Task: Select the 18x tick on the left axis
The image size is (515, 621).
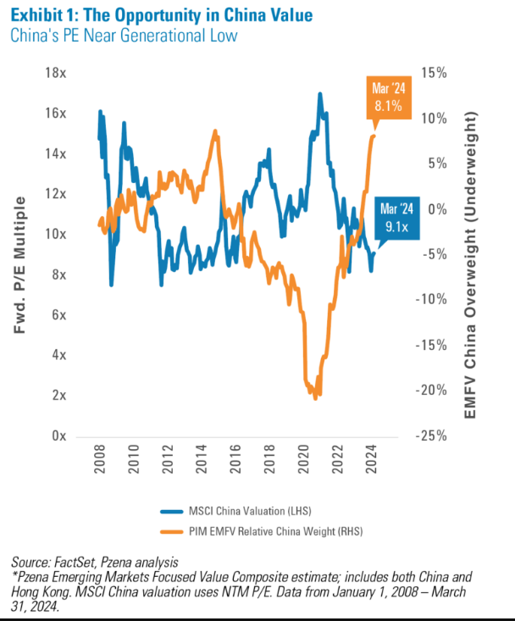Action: point(56,74)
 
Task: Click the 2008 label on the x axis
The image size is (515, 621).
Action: point(99,464)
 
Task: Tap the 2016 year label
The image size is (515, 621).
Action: point(235,464)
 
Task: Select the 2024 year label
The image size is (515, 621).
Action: point(372,464)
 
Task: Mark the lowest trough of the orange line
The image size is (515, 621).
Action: point(315,397)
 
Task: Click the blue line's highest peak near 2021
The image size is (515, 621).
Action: point(320,94)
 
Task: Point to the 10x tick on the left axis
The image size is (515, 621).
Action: point(56,235)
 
